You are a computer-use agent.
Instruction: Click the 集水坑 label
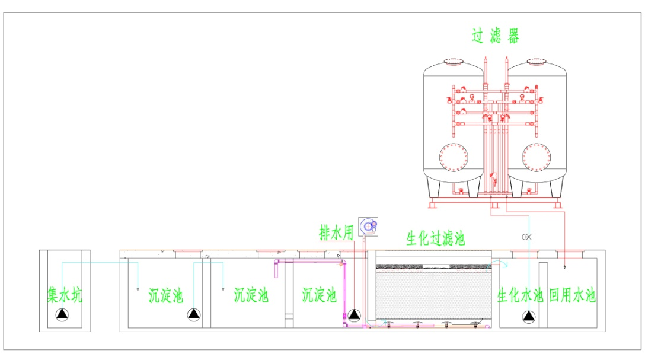point(65,295)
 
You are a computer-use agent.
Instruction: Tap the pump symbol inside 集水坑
point(62,315)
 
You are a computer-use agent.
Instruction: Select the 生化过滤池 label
point(436,238)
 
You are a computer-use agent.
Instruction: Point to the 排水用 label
point(337,233)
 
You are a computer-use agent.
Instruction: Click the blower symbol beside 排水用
point(368,227)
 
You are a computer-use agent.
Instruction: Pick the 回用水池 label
point(572,295)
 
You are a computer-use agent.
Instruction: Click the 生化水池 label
point(521,295)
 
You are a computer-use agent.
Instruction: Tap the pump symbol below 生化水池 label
point(529,317)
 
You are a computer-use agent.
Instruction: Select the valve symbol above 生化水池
point(527,237)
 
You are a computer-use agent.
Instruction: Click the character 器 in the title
point(513,36)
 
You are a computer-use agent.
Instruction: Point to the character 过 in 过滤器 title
point(478,36)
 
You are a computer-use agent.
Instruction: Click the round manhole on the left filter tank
point(454,158)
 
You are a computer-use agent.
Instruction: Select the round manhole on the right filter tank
point(537,158)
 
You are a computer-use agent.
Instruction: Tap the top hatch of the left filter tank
point(454,62)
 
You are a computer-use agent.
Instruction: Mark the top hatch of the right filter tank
point(537,62)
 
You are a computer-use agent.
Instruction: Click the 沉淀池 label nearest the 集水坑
point(166,295)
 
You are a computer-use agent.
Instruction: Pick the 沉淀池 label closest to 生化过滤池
point(319,295)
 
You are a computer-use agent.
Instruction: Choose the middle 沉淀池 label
point(251,295)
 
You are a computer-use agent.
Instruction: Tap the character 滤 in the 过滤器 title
point(496,36)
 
